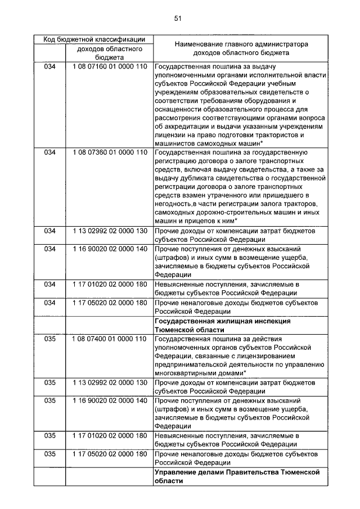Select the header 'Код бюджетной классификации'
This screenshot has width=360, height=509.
click(x=92, y=39)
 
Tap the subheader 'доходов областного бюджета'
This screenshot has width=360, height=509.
click(x=110, y=53)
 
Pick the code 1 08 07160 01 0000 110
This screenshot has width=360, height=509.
click(x=110, y=66)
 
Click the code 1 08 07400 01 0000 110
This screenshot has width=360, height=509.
click(x=110, y=339)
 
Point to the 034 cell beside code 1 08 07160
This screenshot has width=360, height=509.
click(x=50, y=66)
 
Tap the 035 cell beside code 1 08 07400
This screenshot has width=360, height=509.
click(x=50, y=339)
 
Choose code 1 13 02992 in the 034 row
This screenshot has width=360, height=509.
click(x=110, y=231)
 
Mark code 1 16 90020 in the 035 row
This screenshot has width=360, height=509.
click(x=110, y=400)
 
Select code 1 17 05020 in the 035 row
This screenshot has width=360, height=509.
click(x=110, y=453)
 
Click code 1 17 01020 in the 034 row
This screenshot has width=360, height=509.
click(x=110, y=284)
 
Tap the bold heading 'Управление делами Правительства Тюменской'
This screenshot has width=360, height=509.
click(x=237, y=472)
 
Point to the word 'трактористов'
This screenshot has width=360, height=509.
click(x=277, y=136)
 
